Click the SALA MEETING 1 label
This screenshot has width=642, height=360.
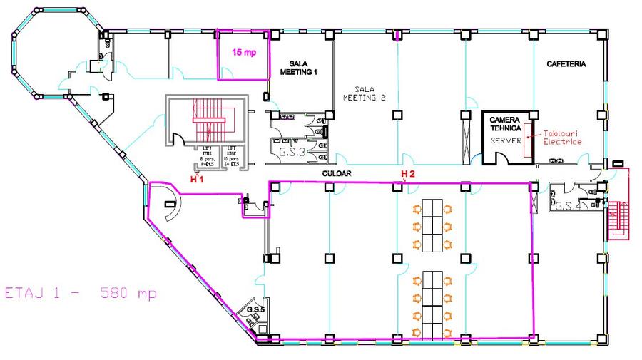[297, 68]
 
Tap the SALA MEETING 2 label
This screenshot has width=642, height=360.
[364, 92]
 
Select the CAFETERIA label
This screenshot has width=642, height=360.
[566, 64]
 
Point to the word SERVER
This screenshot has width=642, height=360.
[506, 141]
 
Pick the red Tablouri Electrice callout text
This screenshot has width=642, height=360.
[562, 138]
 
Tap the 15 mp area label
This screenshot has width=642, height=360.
[243, 52]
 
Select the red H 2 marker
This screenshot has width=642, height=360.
[407, 174]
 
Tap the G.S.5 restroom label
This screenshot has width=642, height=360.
[255, 311]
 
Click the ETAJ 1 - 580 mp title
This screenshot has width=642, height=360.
[80, 293]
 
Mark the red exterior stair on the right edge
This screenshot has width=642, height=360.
[616, 212]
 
